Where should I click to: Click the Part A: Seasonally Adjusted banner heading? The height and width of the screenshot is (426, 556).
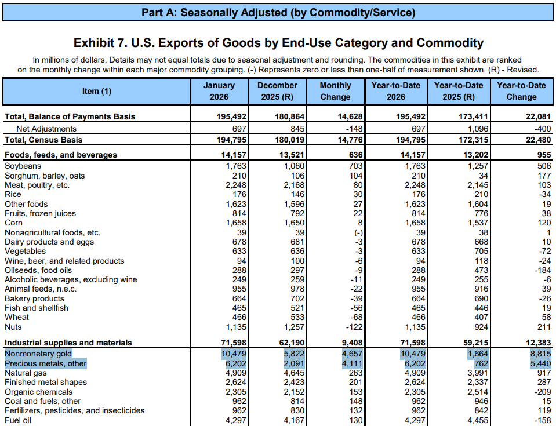[278, 12]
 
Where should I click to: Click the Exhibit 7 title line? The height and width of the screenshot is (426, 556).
[278, 43]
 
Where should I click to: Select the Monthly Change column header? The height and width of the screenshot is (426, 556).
[335, 91]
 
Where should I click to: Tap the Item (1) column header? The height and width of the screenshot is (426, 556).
[97, 91]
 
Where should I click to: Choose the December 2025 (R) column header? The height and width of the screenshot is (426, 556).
[277, 91]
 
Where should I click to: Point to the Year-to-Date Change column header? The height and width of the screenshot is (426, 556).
[521, 91]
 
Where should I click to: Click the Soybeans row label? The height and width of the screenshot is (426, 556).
[23, 166]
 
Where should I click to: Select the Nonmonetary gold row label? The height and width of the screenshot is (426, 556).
[38, 354]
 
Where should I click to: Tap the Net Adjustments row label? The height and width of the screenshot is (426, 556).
[46, 129]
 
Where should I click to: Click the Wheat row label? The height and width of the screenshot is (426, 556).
[17, 318]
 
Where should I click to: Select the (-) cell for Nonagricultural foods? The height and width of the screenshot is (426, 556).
[356, 232]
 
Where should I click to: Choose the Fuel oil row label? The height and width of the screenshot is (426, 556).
[18, 420]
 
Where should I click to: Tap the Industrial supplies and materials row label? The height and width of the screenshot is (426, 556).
[68, 343]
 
